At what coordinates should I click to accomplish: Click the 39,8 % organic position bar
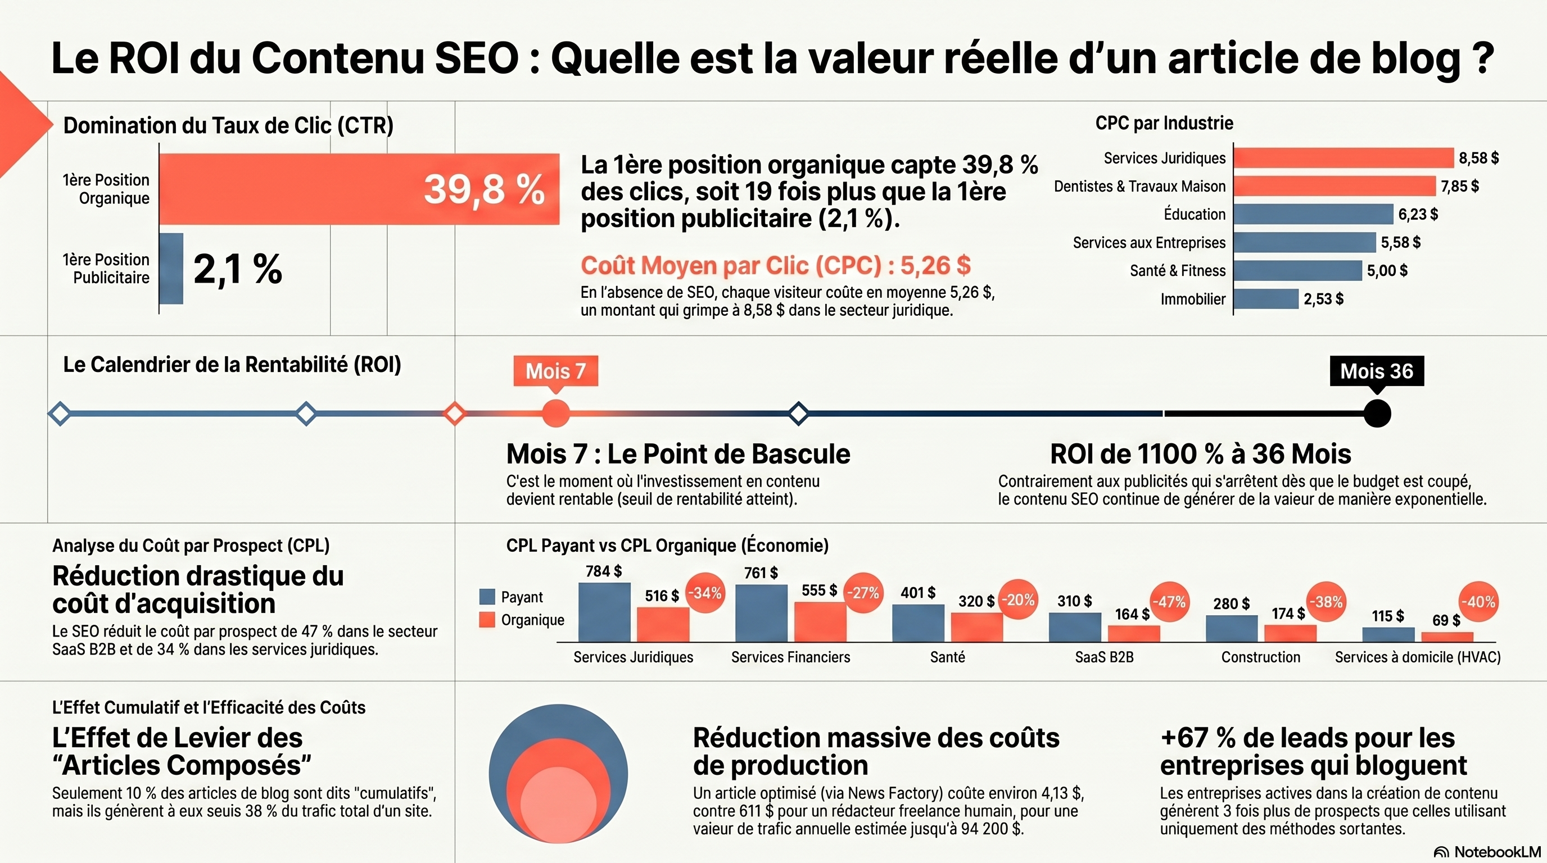[359, 189]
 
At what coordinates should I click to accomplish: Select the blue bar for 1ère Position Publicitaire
[171, 268]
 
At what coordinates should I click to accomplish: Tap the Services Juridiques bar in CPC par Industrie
[1344, 158]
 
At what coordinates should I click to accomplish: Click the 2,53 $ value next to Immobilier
[1323, 299]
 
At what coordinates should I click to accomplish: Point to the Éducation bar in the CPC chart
[1313, 214]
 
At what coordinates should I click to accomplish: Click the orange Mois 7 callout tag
[555, 371]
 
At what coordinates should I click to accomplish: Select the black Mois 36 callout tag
[1377, 371]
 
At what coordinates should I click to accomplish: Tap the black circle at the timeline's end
[1377, 414]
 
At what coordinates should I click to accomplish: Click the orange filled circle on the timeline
[555, 414]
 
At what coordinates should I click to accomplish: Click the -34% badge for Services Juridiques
[705, 593]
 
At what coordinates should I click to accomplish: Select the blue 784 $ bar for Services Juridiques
[604, 612]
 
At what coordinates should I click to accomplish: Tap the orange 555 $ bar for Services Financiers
[820, 622]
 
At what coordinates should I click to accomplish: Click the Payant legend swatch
[487, 597]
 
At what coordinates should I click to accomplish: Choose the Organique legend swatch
[487, 620]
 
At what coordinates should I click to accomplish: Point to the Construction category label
[1260, 657]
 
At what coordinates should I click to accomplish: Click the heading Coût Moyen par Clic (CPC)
[775, 265]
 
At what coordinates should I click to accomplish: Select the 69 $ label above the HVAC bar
[1446, 620]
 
